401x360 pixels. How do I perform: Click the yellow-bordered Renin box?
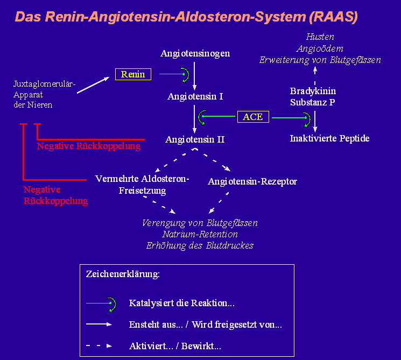pos(133,74)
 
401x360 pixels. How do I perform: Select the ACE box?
pos(253,117)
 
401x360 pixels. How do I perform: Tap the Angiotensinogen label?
pos(195,53)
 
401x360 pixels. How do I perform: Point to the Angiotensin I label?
pos(195,96)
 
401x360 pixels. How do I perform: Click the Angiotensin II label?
pos(195,139)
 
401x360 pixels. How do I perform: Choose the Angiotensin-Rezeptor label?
pos(252,181)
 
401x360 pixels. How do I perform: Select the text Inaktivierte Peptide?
pos(329,138)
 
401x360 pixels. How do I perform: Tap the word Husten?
pos(320,37)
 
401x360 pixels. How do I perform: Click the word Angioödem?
pos(320,48)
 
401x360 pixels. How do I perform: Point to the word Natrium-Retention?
pos(200,234)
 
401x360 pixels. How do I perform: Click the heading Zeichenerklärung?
pos(123,274)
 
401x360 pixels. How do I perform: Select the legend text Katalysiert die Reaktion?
pos(182,303)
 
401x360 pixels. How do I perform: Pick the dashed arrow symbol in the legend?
pos(99,345)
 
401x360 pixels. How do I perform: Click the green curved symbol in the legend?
pos(111,304)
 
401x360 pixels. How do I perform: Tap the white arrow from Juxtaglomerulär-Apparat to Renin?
pos(95,85)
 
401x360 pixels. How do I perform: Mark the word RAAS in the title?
pos(334,17)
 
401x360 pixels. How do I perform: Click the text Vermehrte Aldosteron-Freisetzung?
pos(142,184)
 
